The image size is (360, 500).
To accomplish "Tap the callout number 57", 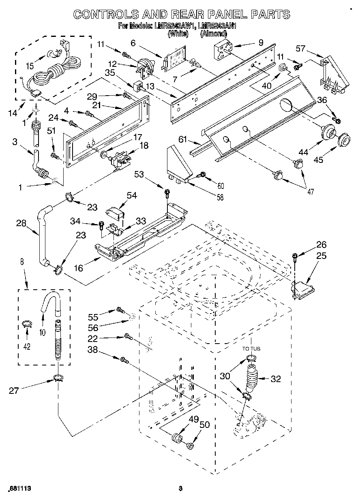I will [x=300, y=49].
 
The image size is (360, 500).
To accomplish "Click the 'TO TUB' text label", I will [x=251, y=348].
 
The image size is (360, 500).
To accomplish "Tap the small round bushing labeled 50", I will [x=189, y=446].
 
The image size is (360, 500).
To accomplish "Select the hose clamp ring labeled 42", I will [x=27, y=323].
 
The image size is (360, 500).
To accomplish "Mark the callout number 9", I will [x=260, y=42].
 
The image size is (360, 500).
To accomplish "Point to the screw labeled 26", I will [x=295, y=256].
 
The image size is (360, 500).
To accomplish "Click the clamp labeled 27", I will [x=58, y=379].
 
